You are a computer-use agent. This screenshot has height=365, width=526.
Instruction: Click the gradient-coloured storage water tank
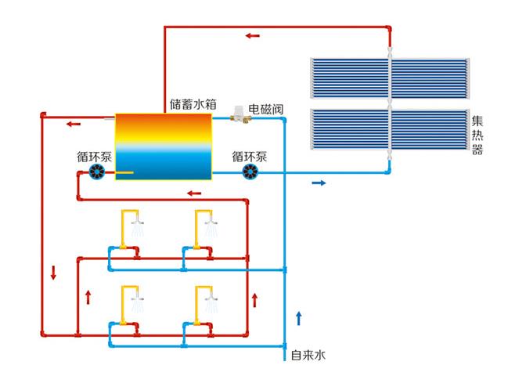[x=164, y=146]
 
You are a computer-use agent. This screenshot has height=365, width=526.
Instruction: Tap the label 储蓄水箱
[x=192, y=104]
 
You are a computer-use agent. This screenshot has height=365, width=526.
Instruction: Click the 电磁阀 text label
[x=266, y=107]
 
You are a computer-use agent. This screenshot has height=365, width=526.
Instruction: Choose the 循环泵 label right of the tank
[x=249, y=156]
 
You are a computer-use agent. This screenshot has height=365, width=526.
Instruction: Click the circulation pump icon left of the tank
[x=98, y=173]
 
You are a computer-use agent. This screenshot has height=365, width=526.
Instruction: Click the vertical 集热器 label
[x=477, y=136]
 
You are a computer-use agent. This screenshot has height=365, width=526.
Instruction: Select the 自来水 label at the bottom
[x=308, y=355]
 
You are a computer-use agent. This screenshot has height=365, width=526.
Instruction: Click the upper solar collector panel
[x=389, y=78]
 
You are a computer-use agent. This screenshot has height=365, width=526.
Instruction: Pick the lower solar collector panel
[x=389, y=131]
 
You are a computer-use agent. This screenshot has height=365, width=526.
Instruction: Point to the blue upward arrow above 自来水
[x=298, y=318]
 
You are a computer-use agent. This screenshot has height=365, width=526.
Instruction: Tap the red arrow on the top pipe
[x=252, y=35]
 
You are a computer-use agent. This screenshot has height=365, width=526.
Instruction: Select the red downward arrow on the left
[x=54, y=273]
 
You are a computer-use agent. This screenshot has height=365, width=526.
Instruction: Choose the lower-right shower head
[x=210, y=300]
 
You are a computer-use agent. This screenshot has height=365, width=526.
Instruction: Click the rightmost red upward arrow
[x=254, y=298]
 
